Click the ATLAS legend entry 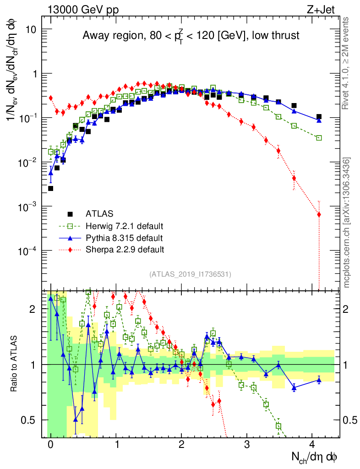(99, 214)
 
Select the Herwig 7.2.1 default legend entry (125, 226)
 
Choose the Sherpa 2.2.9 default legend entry (125, 250)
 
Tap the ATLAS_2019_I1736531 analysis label (190, 274)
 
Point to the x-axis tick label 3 (247, 445)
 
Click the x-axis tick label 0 (50, 445)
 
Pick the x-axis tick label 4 (312, 445)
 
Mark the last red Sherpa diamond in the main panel (319, 214)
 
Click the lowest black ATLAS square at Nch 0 (50, 188)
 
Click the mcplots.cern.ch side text (347, 222)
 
